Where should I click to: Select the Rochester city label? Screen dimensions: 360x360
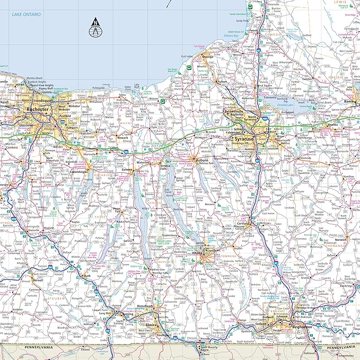tap(38, 109)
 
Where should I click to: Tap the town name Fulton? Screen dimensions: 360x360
tap(222, 82)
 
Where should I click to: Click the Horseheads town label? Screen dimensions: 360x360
tap(145, 307)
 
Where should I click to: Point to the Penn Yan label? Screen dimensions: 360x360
tap(117, 209)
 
